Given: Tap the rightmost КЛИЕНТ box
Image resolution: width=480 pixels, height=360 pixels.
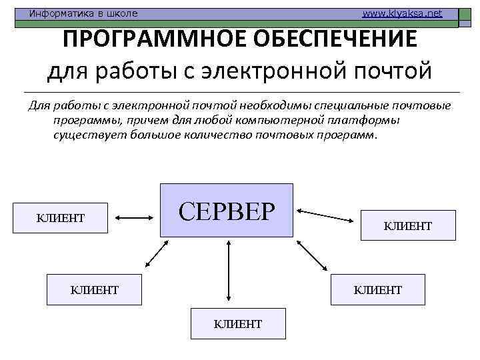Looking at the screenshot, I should click(408, 227).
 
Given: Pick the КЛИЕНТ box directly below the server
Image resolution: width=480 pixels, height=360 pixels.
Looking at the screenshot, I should click(238, 324).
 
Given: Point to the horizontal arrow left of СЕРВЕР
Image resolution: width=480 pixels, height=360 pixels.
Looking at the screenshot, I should click(135, 217).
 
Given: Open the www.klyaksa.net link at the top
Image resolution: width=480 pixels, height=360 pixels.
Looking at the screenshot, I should click(401, 13).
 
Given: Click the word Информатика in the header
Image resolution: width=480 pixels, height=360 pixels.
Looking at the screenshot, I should click(56, 13).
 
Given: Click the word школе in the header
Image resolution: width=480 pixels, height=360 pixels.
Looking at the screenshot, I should click(122, 13).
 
